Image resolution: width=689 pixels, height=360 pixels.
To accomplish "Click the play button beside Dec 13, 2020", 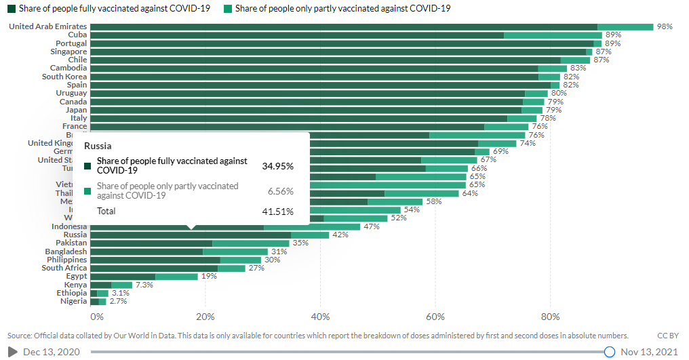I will [x=12, y=352].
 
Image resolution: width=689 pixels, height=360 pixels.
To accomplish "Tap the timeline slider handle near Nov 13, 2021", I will [x=609, y=352].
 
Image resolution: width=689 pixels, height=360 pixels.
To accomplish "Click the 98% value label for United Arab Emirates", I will [x=664, y=26].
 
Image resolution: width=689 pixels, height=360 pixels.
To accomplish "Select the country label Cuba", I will [x=77, y=35].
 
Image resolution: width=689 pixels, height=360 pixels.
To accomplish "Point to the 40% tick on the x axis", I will [x=320, y=317].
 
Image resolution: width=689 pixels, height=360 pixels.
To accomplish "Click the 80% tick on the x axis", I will [x=551, y=317].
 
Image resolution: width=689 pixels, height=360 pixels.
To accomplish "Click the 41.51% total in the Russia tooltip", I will [x=278, y=212].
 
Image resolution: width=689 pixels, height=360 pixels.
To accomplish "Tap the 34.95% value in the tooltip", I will [x=278, y=166].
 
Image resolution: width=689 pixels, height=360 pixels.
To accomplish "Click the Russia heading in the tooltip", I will [x=98, y=146].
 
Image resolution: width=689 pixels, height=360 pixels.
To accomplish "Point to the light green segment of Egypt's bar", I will [x=176, y=277].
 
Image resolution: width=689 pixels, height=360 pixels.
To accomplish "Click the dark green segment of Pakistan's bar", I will [x=151, y=243].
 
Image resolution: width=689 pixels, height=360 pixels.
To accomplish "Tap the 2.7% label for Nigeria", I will [x=118, y=302].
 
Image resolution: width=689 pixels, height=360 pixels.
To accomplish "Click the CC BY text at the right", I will [x=669, y=336].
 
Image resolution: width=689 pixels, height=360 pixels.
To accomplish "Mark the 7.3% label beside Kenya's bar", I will [x=144, y=285].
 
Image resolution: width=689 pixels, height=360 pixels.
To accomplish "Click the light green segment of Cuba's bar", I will [x=553, y=35].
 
